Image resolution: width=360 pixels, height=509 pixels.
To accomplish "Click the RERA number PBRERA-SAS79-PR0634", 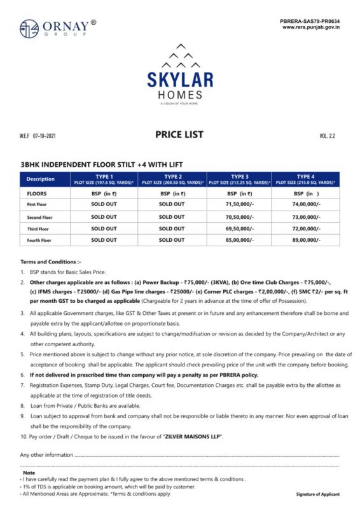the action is (x=310, y=21).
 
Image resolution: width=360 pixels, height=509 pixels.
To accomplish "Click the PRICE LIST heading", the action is (x=179, y=134).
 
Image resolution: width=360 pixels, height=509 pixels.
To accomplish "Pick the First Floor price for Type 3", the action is (x=240, y=204).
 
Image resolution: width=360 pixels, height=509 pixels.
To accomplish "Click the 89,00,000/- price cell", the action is (x=307, y=240).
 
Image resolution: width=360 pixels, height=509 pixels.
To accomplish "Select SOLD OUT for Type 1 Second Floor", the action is (x=104, y=216).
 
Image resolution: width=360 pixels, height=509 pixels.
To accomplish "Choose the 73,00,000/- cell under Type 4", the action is (x=307, y=216).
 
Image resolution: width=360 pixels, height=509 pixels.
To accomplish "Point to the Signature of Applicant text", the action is (x=317, y=494).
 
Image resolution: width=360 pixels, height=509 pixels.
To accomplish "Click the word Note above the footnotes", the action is (x=29, y=473).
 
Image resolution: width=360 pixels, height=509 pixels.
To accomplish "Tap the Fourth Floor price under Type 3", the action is (x=240, y=240).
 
